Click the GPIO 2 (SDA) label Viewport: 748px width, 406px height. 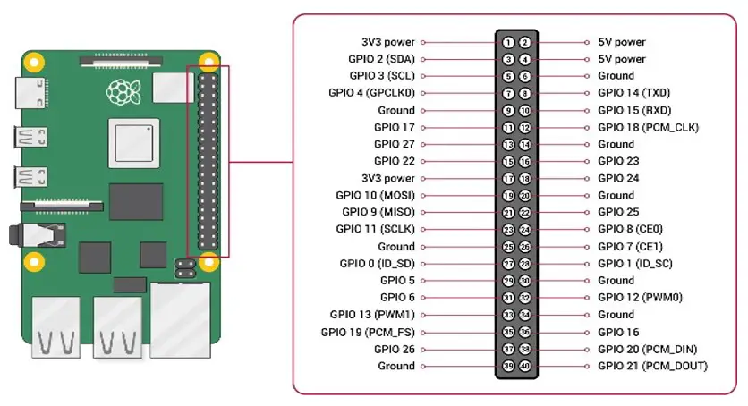381,59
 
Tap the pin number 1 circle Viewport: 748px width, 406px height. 507,42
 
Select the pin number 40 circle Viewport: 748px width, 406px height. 524,366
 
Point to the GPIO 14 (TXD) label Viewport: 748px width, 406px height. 634,93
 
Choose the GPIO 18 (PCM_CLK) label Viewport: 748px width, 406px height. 649,127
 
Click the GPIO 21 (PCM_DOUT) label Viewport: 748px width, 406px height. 652,366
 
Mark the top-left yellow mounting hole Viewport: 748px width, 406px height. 34,64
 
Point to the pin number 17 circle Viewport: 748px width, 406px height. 507,178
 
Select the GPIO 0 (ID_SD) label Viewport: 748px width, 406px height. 377,263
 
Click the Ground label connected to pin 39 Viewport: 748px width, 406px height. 396,366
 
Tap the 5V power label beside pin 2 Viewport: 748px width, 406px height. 621,42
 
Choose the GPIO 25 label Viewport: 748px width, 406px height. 617,212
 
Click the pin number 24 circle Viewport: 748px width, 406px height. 524,229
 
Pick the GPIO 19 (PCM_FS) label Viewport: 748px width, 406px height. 368,332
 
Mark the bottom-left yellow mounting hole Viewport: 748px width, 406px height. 34,262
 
